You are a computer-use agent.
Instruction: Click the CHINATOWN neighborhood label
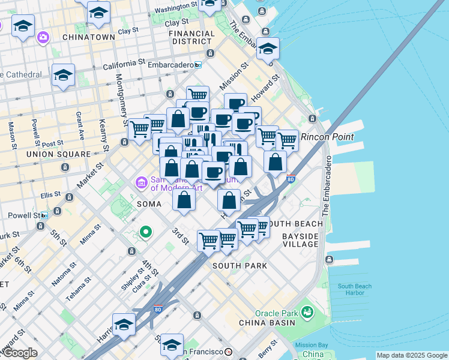89,37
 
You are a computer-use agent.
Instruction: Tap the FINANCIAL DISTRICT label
191,37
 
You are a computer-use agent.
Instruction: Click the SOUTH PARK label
239,265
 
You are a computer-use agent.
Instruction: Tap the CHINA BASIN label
267,323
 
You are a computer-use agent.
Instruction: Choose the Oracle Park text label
276,313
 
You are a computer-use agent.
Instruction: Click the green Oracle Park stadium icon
307,312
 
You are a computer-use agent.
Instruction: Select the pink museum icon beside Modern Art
142,181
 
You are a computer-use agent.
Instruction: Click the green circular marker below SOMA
145,232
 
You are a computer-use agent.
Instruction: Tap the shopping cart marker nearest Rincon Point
287,140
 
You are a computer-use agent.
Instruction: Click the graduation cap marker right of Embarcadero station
268,49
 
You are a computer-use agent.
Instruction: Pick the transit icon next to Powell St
44,215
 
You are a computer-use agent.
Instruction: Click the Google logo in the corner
19,353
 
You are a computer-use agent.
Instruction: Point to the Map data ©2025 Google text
412,355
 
